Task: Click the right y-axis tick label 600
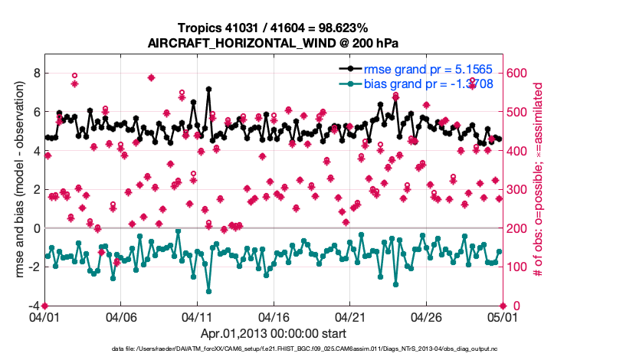518,73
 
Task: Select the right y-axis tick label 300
518,189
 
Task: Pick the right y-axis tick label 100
518,267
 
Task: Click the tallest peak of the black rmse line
208,89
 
